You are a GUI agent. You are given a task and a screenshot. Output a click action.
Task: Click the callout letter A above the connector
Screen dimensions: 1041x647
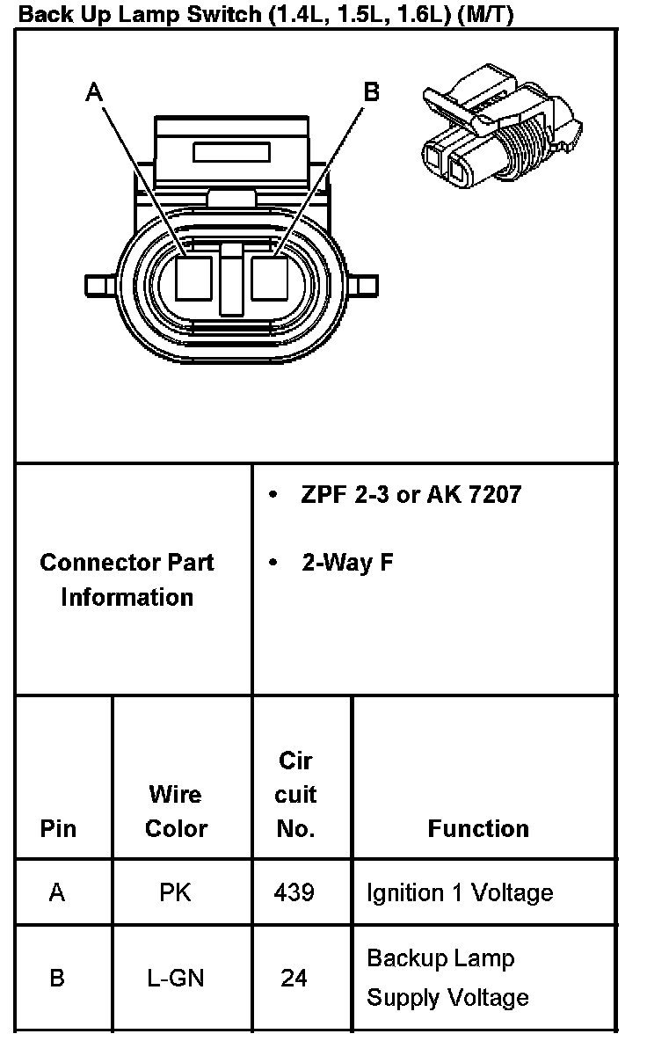coord(95,91)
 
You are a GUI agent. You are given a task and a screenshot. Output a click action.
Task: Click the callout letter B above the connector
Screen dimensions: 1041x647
coord(372,91)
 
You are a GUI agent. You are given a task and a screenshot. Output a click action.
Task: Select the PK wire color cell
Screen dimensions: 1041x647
coord(176,892)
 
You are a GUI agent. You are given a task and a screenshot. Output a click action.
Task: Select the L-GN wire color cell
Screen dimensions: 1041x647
coord(176,977)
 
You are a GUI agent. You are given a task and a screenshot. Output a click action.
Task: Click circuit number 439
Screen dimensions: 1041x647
coord(294,892)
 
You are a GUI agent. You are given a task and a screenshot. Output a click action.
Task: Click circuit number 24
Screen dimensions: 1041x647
coord(294,977)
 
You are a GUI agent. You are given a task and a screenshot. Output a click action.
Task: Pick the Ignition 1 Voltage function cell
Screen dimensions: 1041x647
coord(460,892)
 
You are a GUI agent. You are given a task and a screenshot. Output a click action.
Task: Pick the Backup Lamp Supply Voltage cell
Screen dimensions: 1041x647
coord(447,977)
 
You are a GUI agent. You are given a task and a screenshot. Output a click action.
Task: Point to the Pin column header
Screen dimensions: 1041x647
coord(58,828)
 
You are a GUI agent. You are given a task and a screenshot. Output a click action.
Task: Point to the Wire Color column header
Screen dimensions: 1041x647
coord(176,811)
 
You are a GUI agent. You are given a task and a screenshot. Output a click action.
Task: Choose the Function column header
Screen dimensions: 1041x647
coord(478,828)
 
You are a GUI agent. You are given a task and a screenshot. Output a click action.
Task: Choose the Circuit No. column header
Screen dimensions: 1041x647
coord(295,794)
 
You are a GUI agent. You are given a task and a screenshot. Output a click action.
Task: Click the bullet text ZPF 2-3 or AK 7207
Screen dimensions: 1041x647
coord(411,494)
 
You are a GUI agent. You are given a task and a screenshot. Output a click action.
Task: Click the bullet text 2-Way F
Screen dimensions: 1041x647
coord(347,562)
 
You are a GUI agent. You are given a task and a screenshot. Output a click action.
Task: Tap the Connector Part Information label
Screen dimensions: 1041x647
coord(127,579)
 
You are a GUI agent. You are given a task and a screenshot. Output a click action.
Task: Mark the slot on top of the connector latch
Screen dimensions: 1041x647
coord(231,152)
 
